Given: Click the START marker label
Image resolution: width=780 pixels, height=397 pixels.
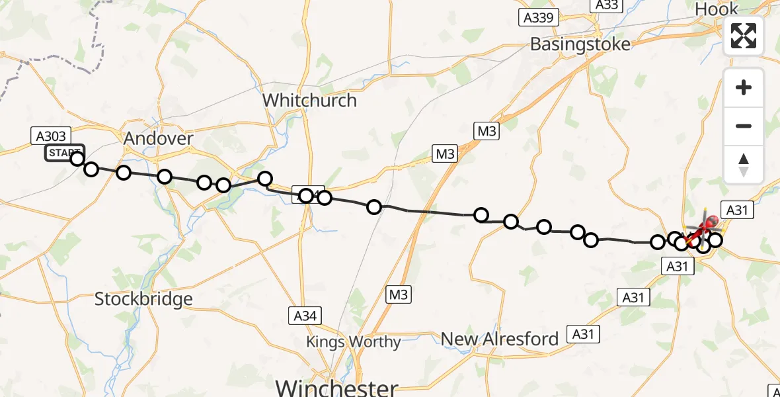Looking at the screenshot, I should pyautogui.click(x=64, y=154).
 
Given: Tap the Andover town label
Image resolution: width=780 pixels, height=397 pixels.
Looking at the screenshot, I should pyautogui.click(x=159, y=139).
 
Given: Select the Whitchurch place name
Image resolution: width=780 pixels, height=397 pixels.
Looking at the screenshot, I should pyautogui.click(x=309, y=101).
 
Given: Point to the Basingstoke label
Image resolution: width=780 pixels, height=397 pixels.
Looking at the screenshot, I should pyautogui.click(x=580, y=44).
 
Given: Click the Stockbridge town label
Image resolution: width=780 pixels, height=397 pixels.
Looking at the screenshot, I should pyautogui.click(x=143, y=299).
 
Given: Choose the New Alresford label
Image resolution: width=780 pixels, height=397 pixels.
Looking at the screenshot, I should pyautogui.click(x=500, y=339).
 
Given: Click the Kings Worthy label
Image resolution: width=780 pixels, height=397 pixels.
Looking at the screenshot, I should pyautogui.click(x=353, y=342).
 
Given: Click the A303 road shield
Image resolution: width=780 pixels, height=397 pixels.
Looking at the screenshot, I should pyautogui.click(x=50, y=136).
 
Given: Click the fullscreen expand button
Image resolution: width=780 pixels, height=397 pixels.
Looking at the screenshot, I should pyautogui.click(x=744, y=36).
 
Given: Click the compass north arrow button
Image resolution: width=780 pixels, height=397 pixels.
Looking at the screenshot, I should pyautogui.click(x=744, y=164).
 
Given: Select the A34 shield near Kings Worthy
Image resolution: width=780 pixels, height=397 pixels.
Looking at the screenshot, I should pyautogui.click(x=305, y=316).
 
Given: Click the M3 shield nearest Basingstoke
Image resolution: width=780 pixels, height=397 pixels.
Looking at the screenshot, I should pyautogui.click(x=486, y=131).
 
